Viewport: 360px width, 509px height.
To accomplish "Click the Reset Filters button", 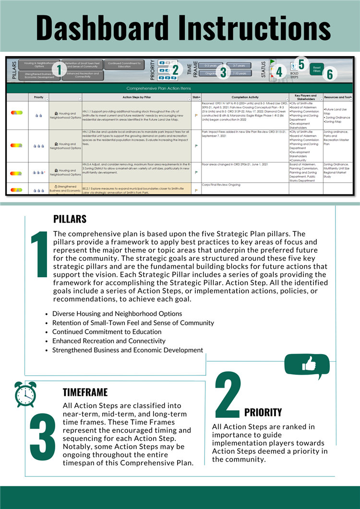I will (317, 69).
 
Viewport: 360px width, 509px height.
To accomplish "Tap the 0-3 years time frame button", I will (210, 65).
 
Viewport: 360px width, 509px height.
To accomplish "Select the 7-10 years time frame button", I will (239, 73).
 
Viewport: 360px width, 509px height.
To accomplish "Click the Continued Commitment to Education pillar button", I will (124, 64).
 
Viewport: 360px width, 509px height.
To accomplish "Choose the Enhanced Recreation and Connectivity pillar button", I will (83, 75).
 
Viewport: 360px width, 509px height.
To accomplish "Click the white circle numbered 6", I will (330, 74).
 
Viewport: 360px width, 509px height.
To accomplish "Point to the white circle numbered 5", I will (301, 63).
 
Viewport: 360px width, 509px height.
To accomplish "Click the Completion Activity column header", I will (245, 97).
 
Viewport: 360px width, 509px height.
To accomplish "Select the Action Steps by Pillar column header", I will (137, 97).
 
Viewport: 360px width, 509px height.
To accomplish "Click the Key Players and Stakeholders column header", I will (306, 97).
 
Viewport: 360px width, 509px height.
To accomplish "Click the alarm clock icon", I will (25, 394).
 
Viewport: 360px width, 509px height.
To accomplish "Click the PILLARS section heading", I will (70, 219).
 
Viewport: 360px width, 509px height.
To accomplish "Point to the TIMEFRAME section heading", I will (85, 392).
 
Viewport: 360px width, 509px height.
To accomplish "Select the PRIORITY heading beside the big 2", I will (263, 412).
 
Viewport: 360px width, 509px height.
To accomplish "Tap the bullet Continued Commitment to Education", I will (107, 331).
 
